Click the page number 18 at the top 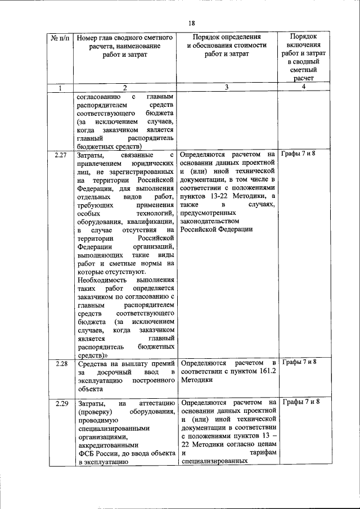click(x=191, y=22)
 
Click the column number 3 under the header click(x=226, y=87)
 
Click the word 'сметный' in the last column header click(x=303, y=70)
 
